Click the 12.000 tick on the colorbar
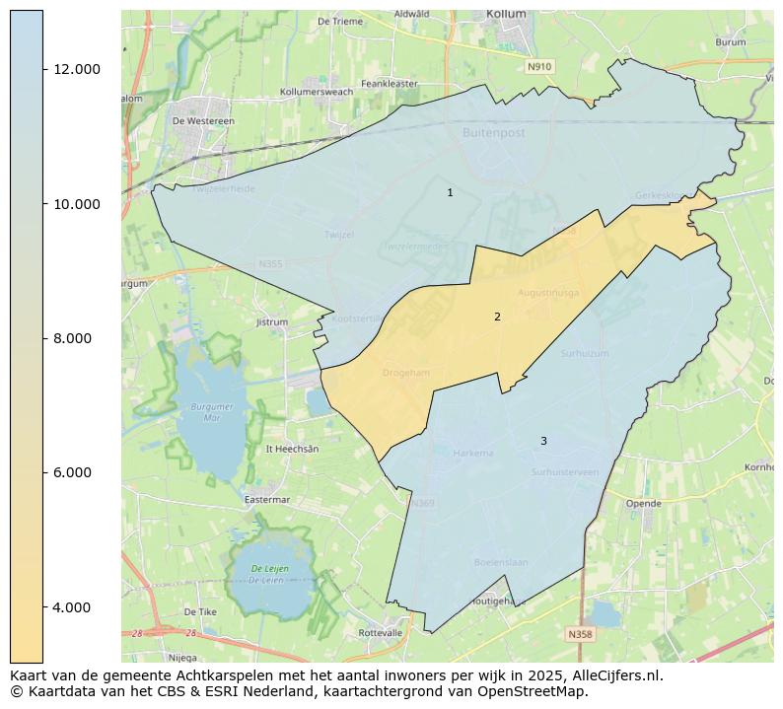[77, 69]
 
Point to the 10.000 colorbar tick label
[77, 204]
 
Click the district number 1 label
[450, 193]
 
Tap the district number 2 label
[497, 317]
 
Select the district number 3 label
[543, 441]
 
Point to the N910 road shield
[539, 66]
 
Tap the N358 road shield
[581, 634]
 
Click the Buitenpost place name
[494, 131]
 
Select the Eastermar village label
[266, 500]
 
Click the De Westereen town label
[203, 121]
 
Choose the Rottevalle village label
[381, 632]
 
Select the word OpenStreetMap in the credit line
[536, 691]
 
